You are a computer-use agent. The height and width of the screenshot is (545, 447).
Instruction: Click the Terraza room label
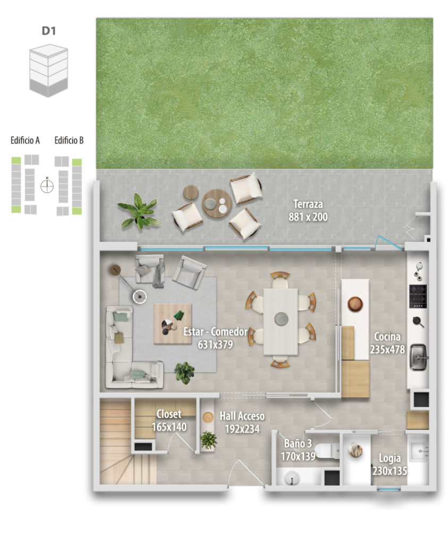pyautogui.click(x=308, y=204)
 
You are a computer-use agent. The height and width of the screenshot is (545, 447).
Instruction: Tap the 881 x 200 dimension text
pyautogui.click(x=308, y=217)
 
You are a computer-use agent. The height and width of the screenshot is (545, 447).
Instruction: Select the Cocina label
pyautogui.click(x=387, y=336)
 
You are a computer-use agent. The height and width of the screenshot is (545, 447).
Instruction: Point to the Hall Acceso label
pyautogui.click(x=242, y=416)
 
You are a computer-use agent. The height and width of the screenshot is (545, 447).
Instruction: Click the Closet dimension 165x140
pyautogui.click(x=169, y=427)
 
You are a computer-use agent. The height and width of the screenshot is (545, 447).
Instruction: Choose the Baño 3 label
pyautogui.click(x=298, y=443)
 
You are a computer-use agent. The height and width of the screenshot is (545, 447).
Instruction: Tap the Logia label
pyautogui.click(x=390, y=458)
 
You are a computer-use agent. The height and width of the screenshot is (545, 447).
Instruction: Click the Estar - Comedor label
pyautogui.click(x=215, y=332)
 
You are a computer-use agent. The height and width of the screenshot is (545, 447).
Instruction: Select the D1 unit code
pyautogui.click(x=48, y=30)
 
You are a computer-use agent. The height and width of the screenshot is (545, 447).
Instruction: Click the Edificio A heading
pyautogui.click(x=25, y=140)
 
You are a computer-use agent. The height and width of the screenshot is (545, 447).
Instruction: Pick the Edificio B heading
pyautogui.click(x=69, y=140)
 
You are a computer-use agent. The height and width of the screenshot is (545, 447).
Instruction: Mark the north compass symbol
pyautogui.click(x=47, y=186)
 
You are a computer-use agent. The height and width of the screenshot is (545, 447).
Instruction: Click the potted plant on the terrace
pyautogui.click(x=139, y=211)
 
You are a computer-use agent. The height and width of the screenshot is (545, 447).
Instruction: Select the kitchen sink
pyautogui.click(x=418, y=357)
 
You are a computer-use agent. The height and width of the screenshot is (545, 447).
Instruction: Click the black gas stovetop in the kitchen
pyautogui.click(x=418, y=296)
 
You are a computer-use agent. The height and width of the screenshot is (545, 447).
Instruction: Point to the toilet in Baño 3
pyautogui.click(x=327, y=451)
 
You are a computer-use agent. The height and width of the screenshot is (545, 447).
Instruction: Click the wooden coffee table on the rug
pyautogui.click(x=173, y=324)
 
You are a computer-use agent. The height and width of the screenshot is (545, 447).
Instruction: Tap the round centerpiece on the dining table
pyautogui.click(x=281, y=318)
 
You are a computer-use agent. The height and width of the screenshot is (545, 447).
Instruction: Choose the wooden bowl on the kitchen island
pyautogui.click(x=355, y=304)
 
